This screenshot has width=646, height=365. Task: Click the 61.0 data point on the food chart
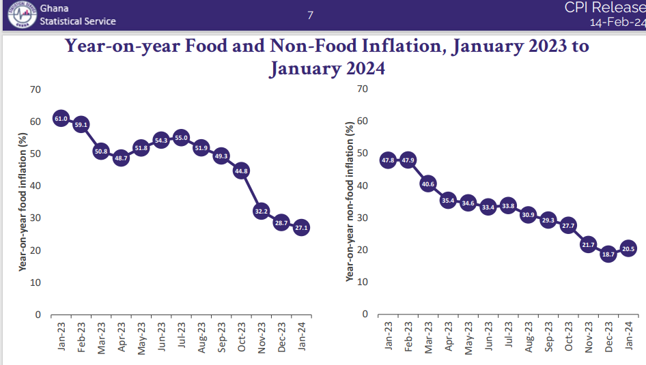[x=61, y=119]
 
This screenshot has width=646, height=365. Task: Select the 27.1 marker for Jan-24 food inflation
[x=300, y=228]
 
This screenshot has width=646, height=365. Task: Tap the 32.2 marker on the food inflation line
[x=261, y=211]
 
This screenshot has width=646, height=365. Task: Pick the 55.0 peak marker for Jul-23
[x=181, y=138]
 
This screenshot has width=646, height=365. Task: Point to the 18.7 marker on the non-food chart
[x=608, y=254]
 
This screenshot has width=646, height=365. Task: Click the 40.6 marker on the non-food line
[x=428, y=184]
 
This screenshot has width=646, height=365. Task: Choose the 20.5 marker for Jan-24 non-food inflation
[x=628, y=249]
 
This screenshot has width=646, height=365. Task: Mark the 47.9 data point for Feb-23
[x=408, y=160]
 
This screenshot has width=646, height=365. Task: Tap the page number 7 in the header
[x=310, y=14]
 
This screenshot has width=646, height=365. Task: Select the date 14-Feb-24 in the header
[x=617, y=22]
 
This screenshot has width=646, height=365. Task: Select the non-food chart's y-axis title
[x=350, y=202]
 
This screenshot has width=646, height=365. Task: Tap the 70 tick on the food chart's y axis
[x=36, y=89]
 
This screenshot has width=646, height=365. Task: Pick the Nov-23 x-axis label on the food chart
[x=262, y=337]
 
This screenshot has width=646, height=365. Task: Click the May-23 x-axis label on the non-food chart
[x=468, y=337]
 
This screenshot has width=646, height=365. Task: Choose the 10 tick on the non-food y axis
[x=363, y=282]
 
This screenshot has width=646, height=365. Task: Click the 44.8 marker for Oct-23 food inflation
[x=240, y=171]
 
